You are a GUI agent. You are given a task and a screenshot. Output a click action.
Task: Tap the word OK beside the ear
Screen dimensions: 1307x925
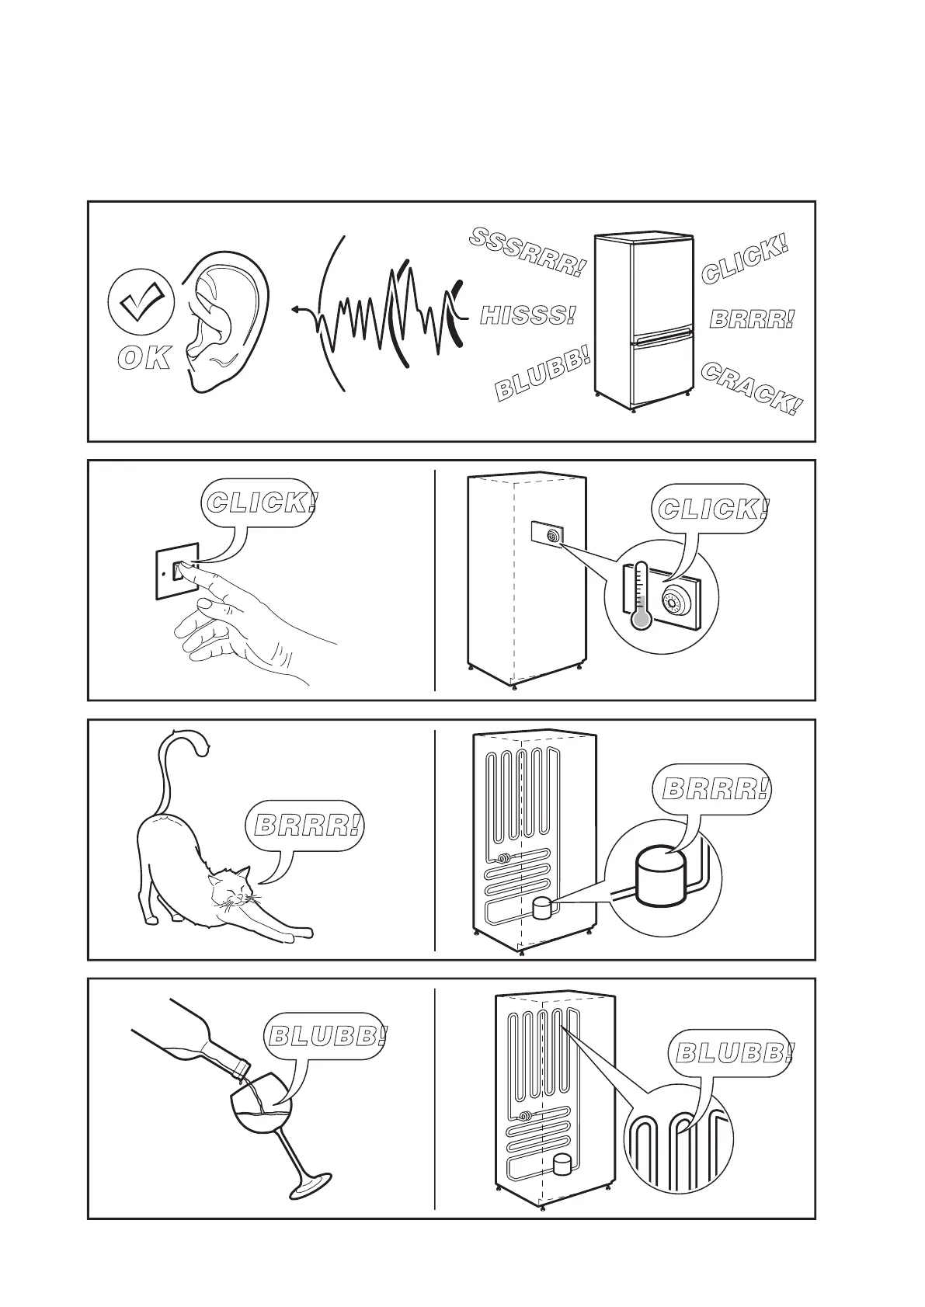tap(144, 358)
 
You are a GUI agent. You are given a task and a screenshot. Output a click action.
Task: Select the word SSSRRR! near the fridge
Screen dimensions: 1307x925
tap(527, 253)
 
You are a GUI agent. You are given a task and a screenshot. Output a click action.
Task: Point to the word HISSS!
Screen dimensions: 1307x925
tap(528, 315)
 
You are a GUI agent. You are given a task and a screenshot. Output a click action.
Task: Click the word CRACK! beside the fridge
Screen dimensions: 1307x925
tap(751, 388)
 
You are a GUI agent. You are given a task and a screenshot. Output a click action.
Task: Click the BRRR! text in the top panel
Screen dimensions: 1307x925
tap(752, 318)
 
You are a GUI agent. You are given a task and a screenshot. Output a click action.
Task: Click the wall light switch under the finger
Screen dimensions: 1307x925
tap(179, 572)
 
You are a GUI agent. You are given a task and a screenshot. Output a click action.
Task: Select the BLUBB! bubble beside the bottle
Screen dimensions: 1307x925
tap(325, 1035)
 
